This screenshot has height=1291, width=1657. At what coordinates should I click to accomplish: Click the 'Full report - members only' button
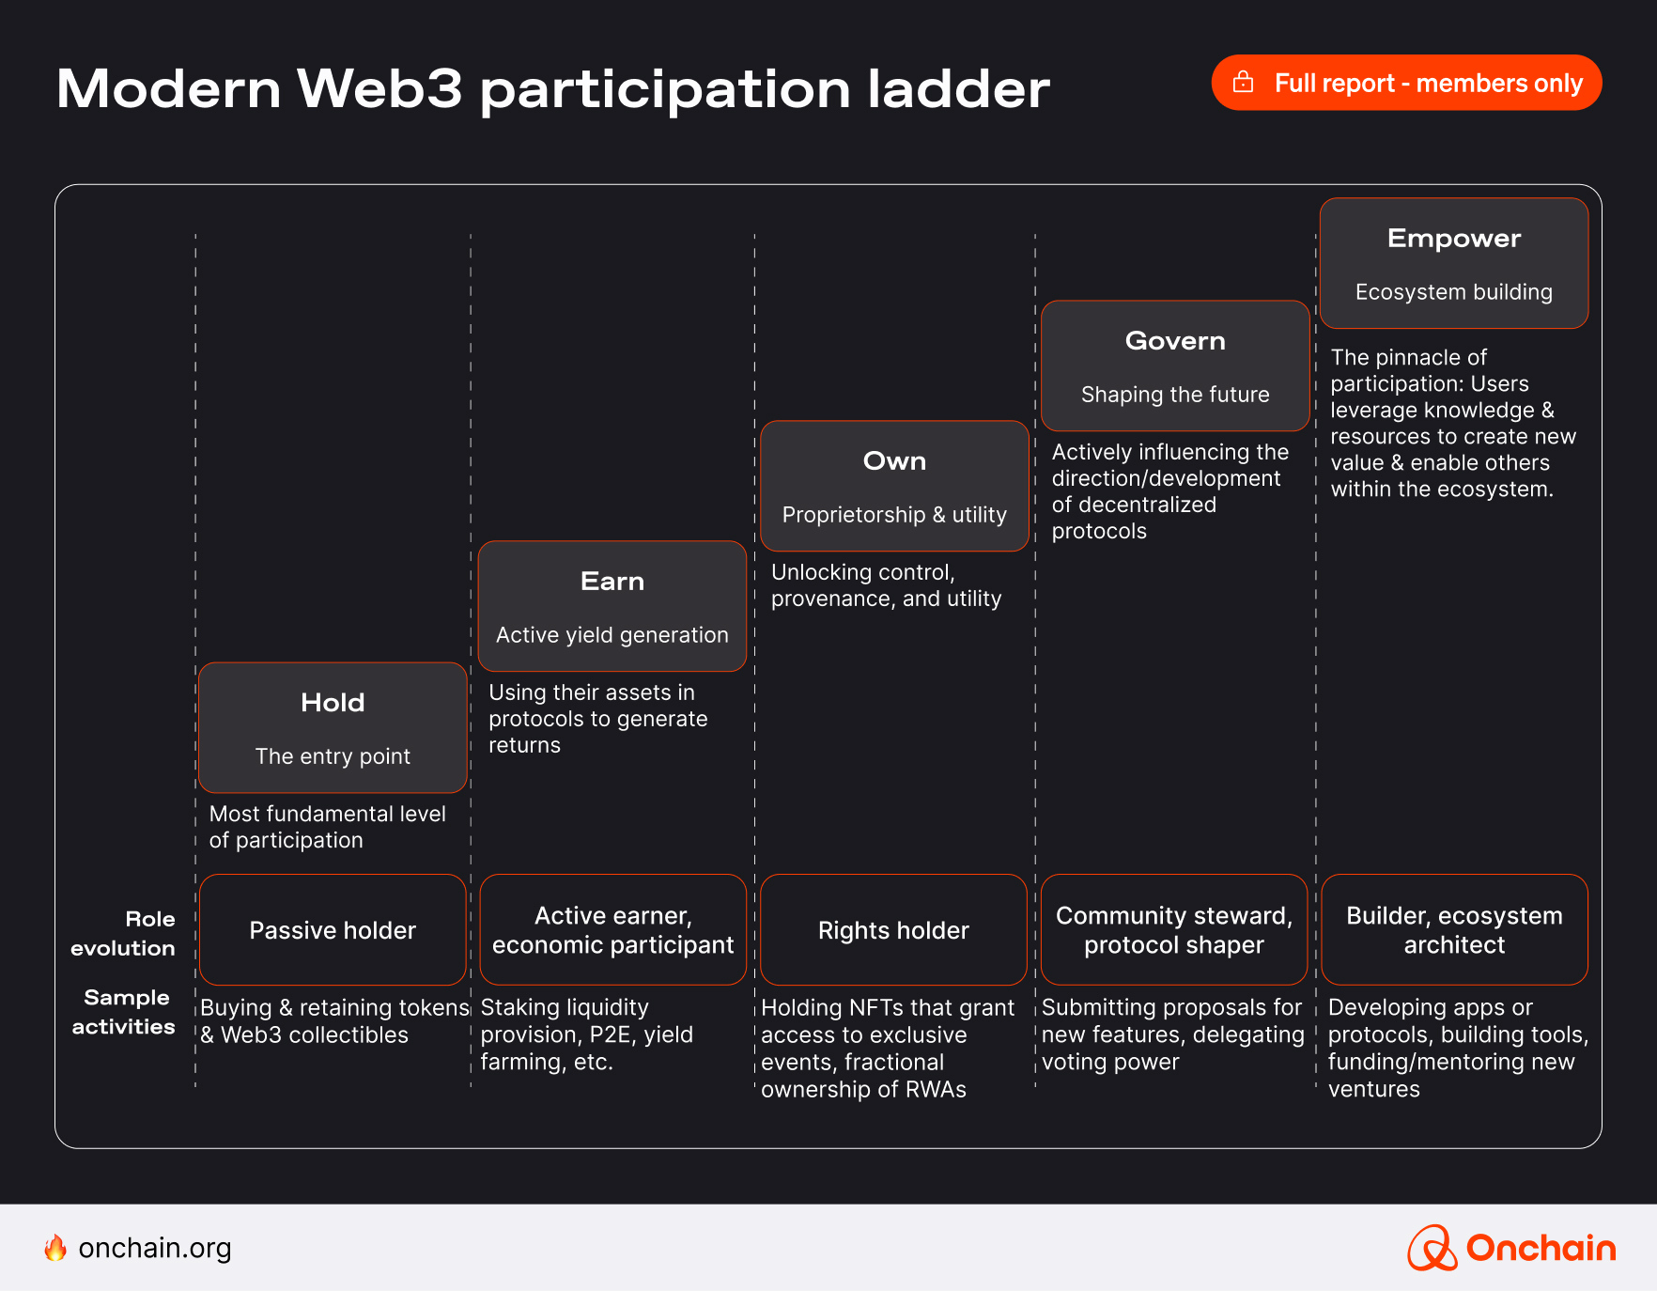pyautogui.click(x=1406, y=83)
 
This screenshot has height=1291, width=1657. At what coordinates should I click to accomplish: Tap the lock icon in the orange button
pyautogui.click(x=1243, y=83)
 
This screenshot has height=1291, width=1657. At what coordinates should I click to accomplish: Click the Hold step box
pyautogui.click(x=333, y=727)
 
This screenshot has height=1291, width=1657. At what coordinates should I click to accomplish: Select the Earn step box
pyautogui.click(x=612, y=606)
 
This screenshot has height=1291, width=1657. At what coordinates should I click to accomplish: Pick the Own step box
pyautogui.click(x=894, y=486)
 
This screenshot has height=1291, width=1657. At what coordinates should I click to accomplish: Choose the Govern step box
pyautogui.click(x=1175, y=366)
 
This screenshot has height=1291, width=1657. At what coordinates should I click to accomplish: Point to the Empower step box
pyautogui.click(x=1454, y=263)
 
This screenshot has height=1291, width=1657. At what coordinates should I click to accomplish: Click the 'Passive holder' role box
pyautogui.click(x=333, y=930)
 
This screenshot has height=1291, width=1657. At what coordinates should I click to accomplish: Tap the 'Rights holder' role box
pyautogui.click(x=893, y=930)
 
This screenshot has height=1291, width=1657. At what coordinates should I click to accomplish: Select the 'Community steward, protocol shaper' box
pyautogui.click(x=1174, y=930)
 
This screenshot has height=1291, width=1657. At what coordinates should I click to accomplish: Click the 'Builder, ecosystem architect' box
pyautogui.click(x=1454, y=930)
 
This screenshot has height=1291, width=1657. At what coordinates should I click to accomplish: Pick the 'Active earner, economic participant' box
pyautogui.click(x=612, y=930)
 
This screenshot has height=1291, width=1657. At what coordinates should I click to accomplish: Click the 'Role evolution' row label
pyautogui.click(x=124, y=933)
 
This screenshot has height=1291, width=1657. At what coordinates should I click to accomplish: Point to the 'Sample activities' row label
pyautogui.click(x=124, y=1012)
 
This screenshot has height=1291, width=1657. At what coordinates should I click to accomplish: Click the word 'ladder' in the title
pyautogui.click(x=958, y=89)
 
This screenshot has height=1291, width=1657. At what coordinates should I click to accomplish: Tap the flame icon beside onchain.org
pyautogui.click(x=55, y=1248)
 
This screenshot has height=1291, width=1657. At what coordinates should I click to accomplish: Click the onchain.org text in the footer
pyautogui.click(x=155, y=1248)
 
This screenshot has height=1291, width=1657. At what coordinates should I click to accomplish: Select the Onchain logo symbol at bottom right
pyautogui.click(x=1432, y=1248)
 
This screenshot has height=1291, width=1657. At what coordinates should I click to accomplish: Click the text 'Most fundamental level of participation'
pyautogui.click(x=327, y=827)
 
